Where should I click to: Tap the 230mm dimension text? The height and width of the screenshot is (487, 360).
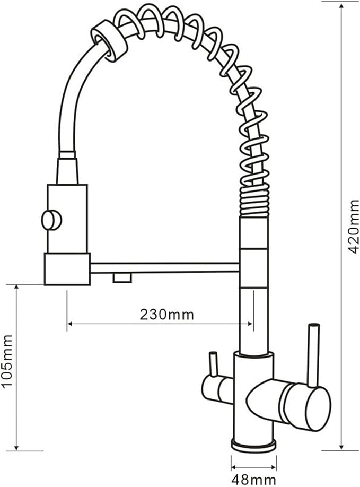(x=166, y=314)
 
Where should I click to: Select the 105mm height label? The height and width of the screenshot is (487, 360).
(x=7, y=360)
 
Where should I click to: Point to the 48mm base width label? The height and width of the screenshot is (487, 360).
(x=253, y=480)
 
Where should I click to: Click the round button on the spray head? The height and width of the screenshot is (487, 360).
(x=51, y=220)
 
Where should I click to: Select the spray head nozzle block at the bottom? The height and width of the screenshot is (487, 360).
(x=67, y=268)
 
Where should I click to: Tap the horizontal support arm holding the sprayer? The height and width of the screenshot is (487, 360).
(x=164, y=267)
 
